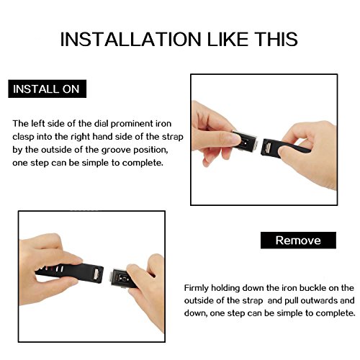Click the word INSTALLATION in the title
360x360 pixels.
pos(130,39)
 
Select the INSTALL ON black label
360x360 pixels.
pos(48,89)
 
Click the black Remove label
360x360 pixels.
pos(298,240)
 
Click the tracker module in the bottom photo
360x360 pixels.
pos(122,279)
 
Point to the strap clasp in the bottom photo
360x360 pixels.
pos(96,274)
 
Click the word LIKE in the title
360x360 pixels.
pos(228,39)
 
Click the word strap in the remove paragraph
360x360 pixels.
pos(253,301)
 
